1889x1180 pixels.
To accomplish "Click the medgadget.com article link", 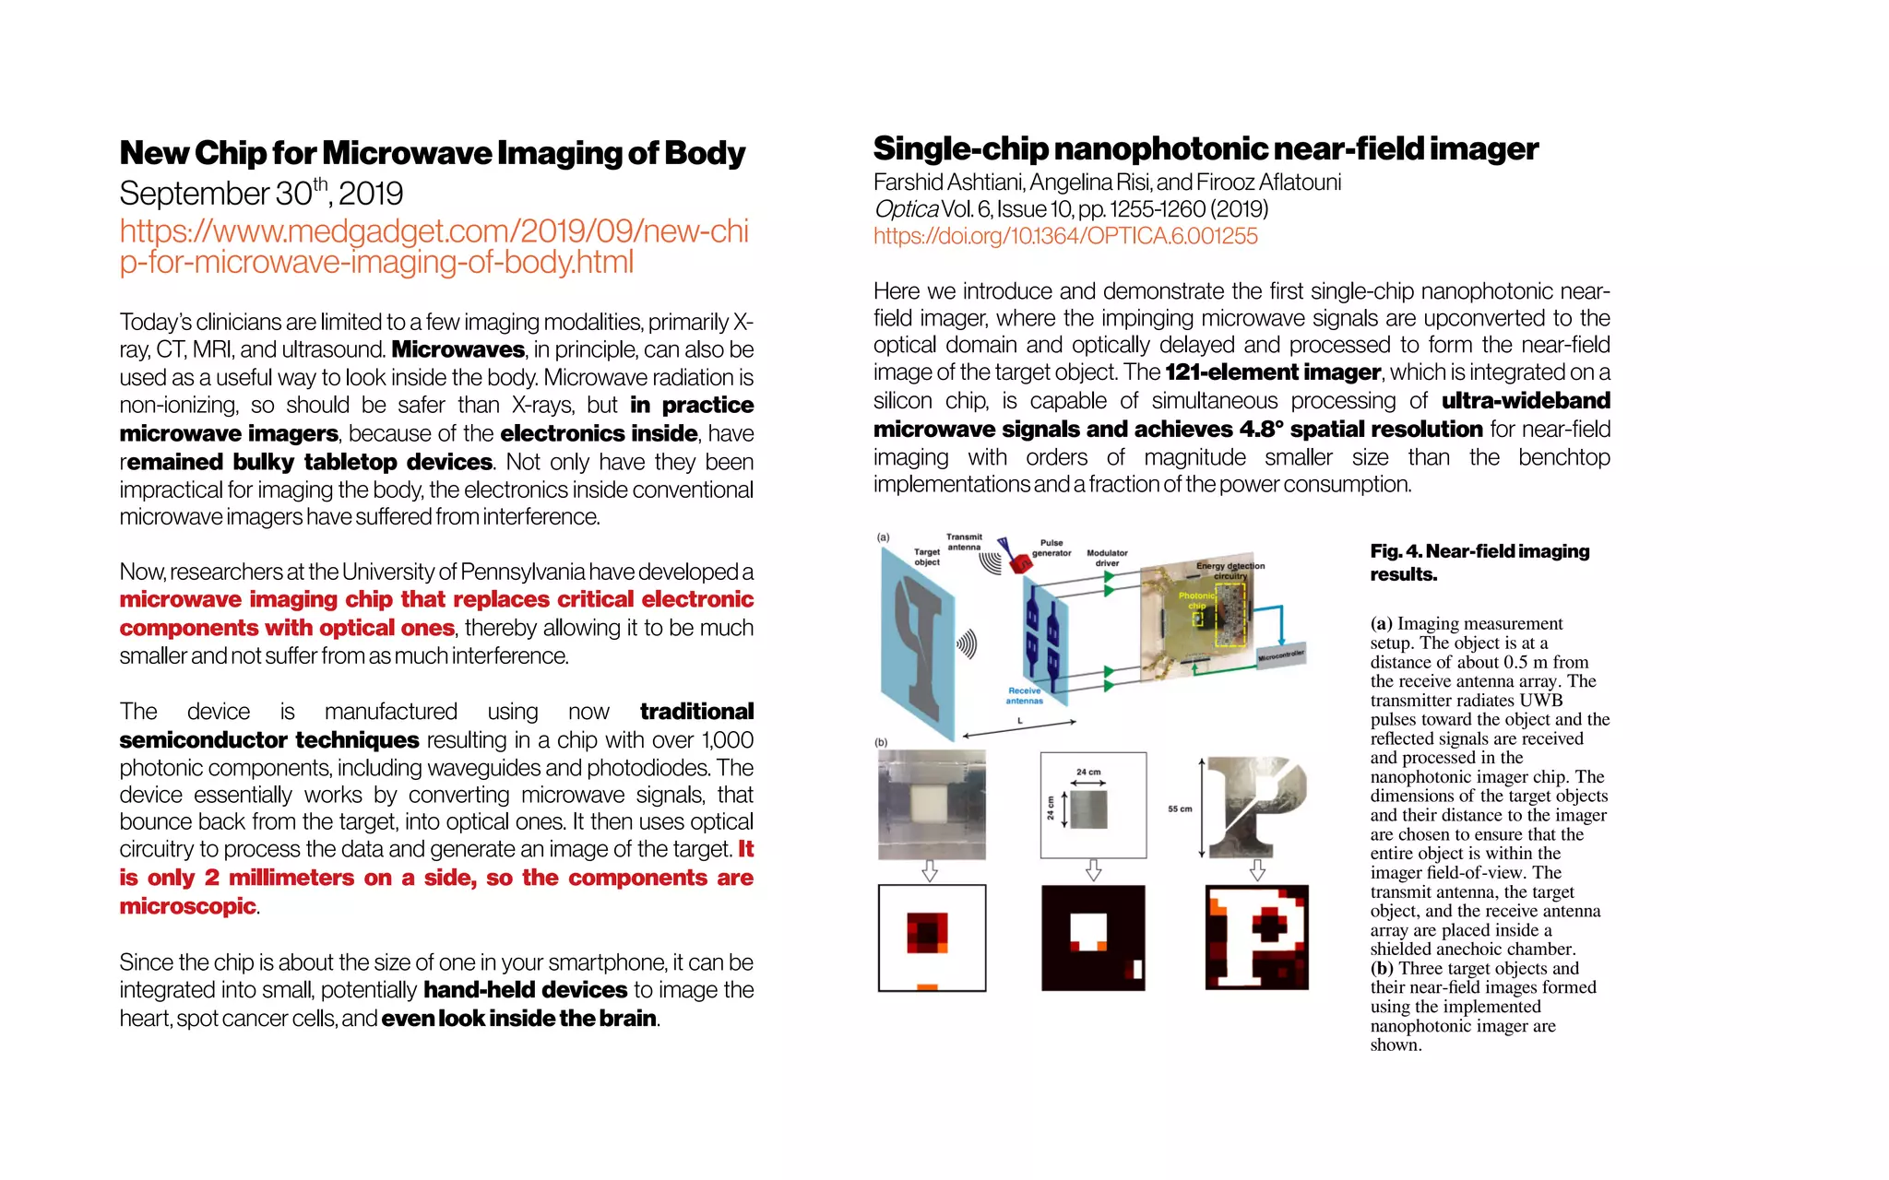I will click(x=434, y=246).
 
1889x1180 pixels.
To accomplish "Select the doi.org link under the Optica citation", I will click(x=1065, y=236).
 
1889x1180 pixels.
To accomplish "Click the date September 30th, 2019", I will click(x=261, y=194).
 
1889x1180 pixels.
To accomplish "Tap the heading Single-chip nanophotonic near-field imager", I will click(x=1206, y=148).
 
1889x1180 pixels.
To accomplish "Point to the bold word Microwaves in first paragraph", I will click(x=457, y=350).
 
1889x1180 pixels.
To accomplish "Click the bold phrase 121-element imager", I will click(x=1272, y=372).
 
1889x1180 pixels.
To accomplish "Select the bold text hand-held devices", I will click(x=525, y=990).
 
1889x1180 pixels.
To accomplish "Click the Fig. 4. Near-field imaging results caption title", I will click(x=1479, y=562).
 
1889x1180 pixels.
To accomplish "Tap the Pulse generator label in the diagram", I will click(x=1051, y=548).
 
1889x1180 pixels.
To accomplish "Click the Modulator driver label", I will click(x=1107, y=558).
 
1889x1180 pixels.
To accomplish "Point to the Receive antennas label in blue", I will click(x=1024, y=695).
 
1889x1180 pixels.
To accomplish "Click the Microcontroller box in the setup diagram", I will click(x=1281, y=655).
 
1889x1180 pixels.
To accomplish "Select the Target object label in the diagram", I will click(x=927, y=556).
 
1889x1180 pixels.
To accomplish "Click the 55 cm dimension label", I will click(x=1180, y=808).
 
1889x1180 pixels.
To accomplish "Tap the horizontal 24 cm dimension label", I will click(x=1088, y=772).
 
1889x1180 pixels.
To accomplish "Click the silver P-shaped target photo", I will click(x=1256, y=807).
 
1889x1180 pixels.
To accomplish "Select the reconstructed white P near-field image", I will click(x=1256, y=938).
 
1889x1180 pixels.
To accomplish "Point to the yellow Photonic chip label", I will click(x=1196, y=600).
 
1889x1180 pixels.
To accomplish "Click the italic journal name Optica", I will click(x=906, y=209).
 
